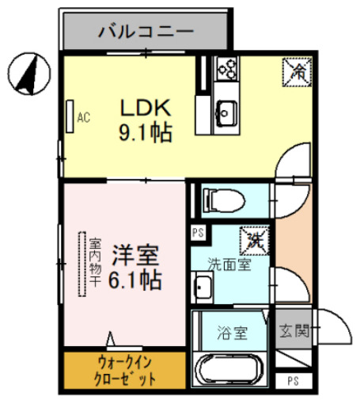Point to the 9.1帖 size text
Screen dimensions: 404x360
[146, 131]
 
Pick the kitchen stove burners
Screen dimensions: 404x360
[226, 71]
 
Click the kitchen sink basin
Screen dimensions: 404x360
[225, 111]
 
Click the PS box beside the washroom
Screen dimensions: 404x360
[197, 233]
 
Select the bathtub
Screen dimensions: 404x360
[231, 369]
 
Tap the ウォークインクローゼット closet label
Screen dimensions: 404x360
[125, 369]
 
